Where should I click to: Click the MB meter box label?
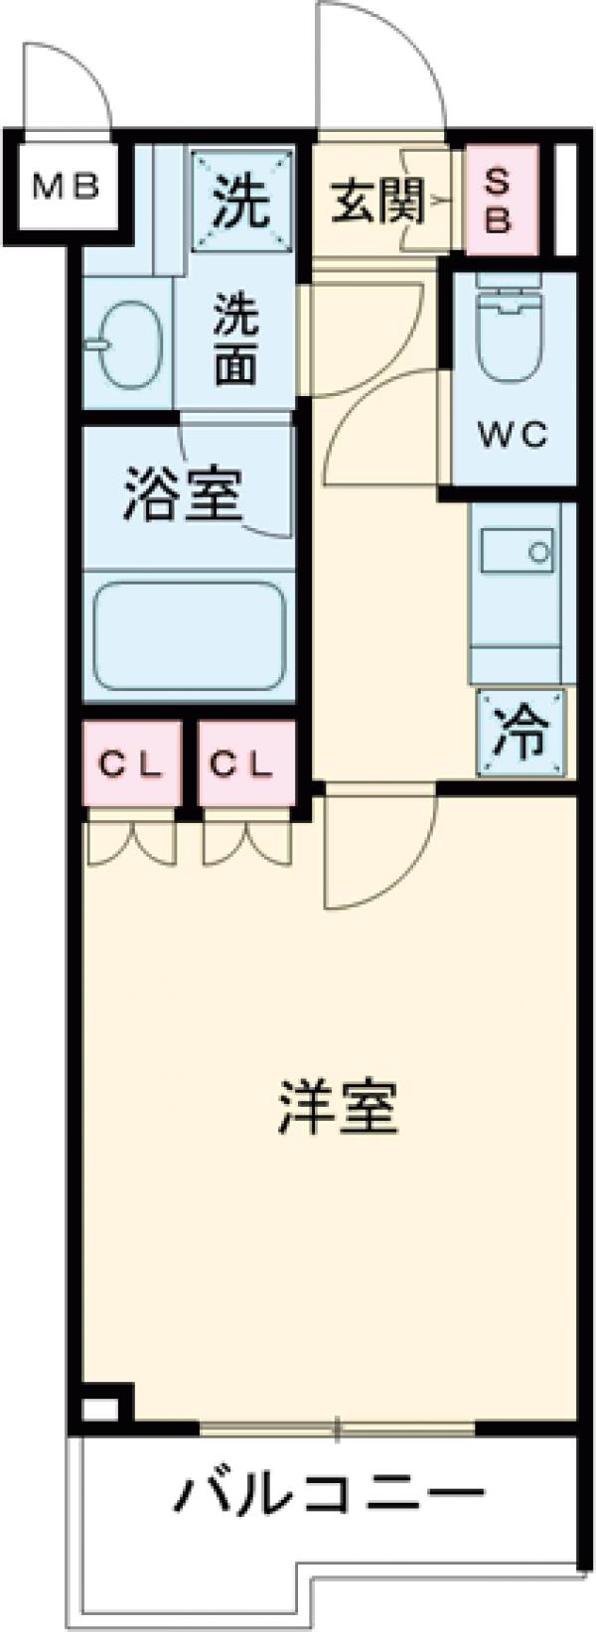[x=66, y=186]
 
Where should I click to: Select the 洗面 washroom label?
[x=236, y=342]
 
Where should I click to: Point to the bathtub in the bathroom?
[x=189, y=639]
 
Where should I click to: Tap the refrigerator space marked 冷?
[x=520, y=734]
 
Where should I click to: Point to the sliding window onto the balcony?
[x=338, y=1429]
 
